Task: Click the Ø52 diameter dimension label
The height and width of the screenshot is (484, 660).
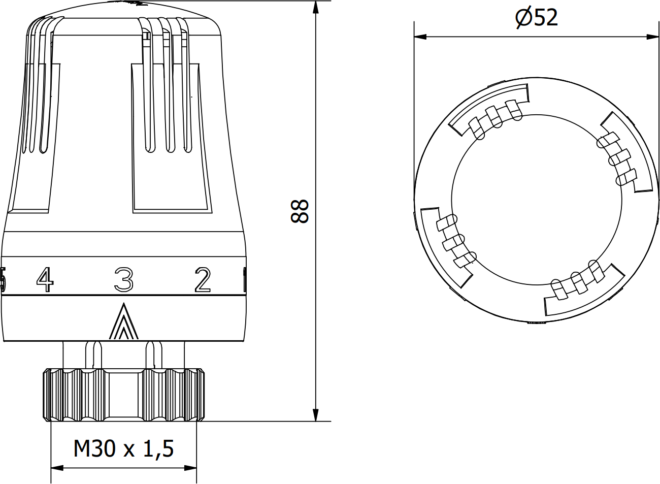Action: coord(537,17)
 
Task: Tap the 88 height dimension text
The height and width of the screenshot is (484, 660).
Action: coord(300,211)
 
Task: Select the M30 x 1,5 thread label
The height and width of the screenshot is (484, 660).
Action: coord(123,449)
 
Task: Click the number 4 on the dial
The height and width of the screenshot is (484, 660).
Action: coord(45,279)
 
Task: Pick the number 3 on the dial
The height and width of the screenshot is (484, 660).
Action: coord(124,279)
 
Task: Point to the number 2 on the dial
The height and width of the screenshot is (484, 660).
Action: coord(203,279)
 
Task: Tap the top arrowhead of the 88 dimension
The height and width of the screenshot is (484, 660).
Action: coord(316,7)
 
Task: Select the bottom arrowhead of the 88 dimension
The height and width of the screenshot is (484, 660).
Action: coord(316,415)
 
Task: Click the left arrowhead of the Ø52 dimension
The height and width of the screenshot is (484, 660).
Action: coord(420,37)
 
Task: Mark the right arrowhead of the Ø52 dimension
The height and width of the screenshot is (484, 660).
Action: coord(652,37)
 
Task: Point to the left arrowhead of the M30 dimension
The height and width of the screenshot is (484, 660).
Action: coord(57,468)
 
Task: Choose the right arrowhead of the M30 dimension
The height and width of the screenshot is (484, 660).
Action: coord(190,468)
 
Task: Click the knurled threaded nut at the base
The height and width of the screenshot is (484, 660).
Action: coord(124,395)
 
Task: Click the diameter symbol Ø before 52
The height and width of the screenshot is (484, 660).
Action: coord(523,17)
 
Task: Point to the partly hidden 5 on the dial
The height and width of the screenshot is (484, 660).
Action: coord(3,279)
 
